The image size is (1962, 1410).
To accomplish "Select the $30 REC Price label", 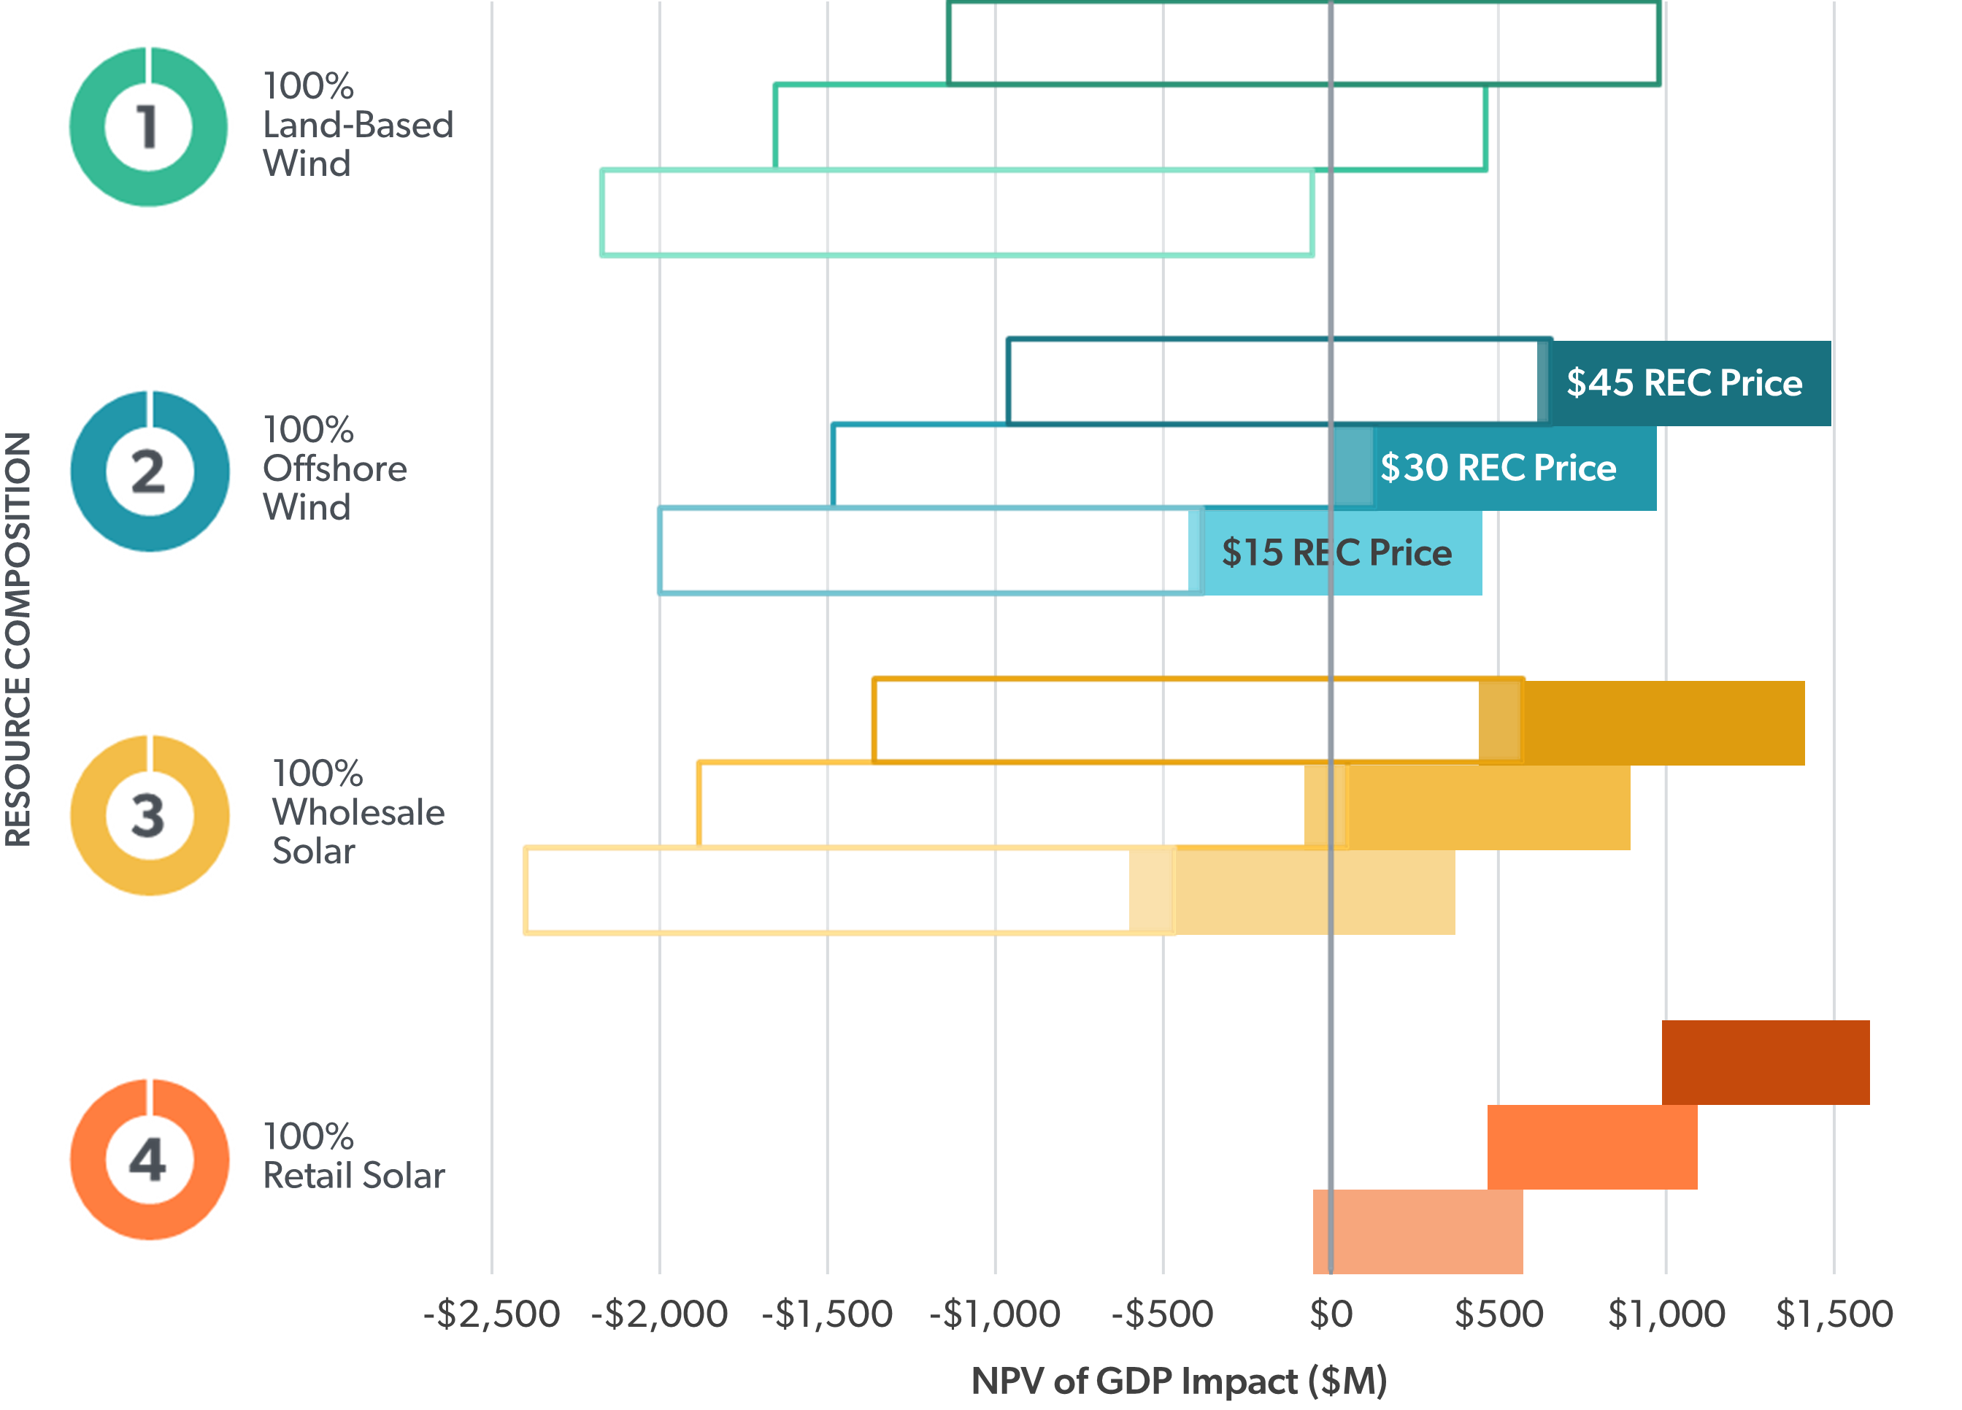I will pos(1498,468).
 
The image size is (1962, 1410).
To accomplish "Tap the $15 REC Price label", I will pos(1336,552).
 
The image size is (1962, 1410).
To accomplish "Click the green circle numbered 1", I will pos(149,127).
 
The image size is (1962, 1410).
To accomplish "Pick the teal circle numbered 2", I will pos(149,471).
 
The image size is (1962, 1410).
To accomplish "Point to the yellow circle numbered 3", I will pos(149,815).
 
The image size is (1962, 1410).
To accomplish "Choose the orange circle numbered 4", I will pos(149,1159).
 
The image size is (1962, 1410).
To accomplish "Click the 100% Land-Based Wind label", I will pos(357,125).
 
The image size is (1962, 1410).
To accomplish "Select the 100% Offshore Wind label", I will pos(334,468).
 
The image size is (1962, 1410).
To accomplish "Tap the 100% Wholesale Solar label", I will pos(357,812).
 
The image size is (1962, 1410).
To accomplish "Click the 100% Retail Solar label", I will pos(353,1156).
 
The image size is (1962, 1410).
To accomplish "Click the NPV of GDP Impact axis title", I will pos(1178,1382).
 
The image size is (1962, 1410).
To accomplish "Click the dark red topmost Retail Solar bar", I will pos(1765,1063).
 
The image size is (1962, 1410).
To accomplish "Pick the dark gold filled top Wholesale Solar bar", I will pos(1661,723).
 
